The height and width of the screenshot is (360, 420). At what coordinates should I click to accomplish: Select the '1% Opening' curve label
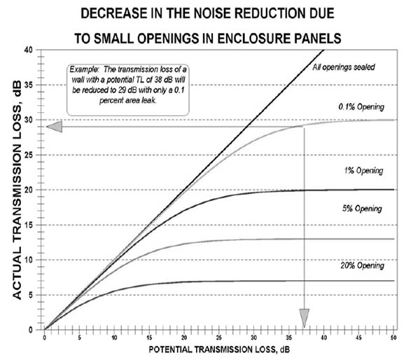[x=364, y=170]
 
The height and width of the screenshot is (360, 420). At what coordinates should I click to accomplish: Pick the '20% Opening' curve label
[x=363, y=267]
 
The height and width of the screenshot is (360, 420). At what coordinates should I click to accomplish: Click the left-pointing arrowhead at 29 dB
[x=54, y=127]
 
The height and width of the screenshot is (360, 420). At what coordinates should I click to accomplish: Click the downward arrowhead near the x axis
[x=304, y=320]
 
